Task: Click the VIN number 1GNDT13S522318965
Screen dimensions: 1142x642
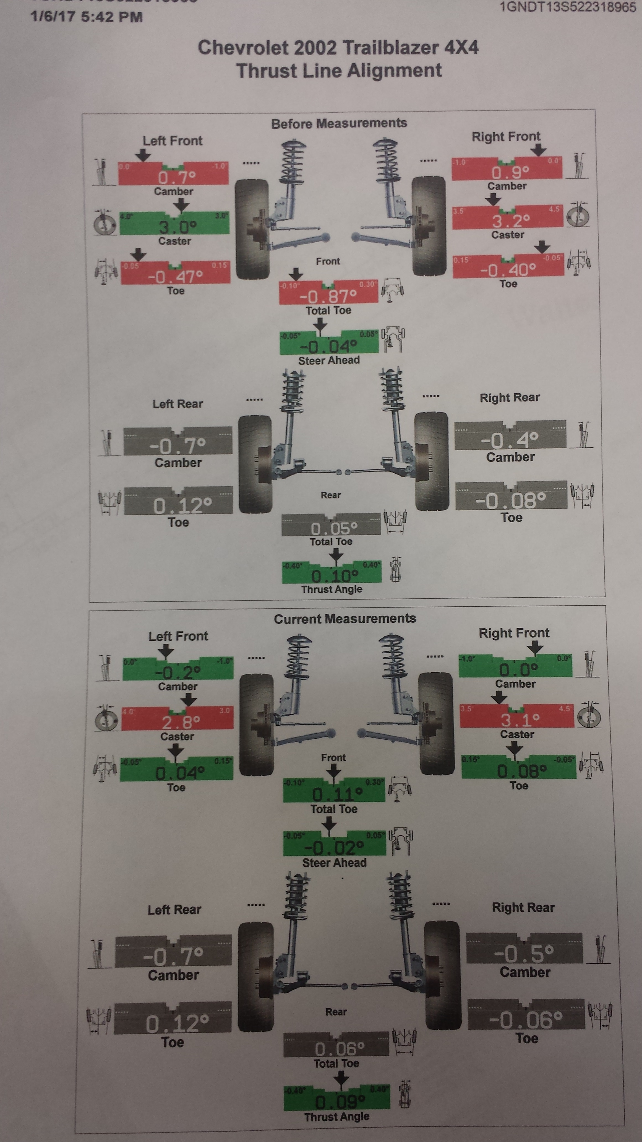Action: (x=568, y=7)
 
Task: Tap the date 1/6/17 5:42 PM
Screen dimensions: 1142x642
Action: (x=86, y=17)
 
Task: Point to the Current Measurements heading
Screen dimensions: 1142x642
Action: (x=345, y=619)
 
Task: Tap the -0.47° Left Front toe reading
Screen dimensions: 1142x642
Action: (x=176, y=277)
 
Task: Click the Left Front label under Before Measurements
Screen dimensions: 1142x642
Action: (x=172, y=141)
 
